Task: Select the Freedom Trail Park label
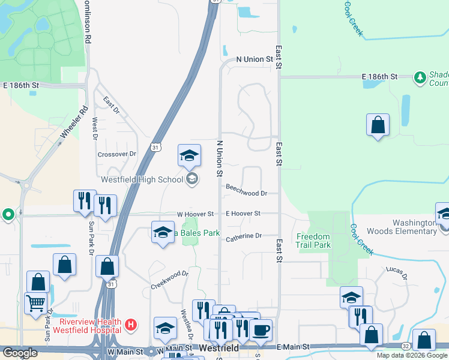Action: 313,241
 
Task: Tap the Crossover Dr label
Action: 117,154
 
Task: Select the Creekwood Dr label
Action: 170,280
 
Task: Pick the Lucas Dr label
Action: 397,274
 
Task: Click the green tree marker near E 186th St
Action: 420,77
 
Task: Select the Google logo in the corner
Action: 19,353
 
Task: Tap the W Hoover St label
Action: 195,214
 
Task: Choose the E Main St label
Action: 294,347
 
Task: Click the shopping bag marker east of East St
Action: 378,125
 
